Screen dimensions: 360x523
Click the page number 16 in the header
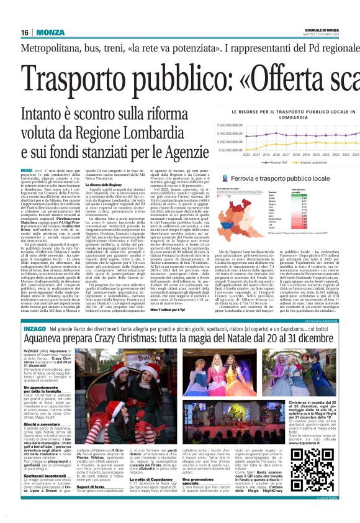point(24,32)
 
